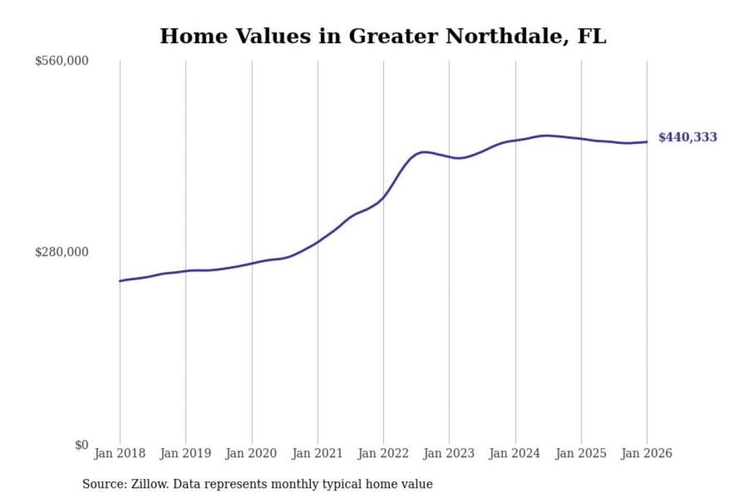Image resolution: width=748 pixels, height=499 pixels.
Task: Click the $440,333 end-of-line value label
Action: (x=687, y=137)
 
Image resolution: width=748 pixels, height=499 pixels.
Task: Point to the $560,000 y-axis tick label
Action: (x=62, y=61)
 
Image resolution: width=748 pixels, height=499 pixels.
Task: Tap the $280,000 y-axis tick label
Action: (x=62, y=252)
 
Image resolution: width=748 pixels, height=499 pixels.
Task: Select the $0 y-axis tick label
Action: (x=82, y=445)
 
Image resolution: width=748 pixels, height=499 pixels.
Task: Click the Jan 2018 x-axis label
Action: (x=119, y=453)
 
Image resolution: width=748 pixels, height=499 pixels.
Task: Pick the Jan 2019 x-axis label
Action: (x=185, y=453)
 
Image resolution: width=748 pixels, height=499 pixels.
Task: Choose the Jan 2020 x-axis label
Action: (x=251, y=453)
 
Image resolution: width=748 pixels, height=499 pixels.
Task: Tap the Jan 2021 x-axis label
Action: (x=317, y=453)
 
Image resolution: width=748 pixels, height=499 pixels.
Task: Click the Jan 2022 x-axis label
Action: (x=383, y=453)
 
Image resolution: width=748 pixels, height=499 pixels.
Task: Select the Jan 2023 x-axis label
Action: (x=449, y=453)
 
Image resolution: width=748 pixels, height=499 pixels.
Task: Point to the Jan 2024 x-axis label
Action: (x=515, y=453)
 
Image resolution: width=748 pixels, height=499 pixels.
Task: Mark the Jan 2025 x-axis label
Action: (x=581, y=453)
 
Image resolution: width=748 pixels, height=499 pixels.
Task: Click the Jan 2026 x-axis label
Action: (x=647, y=453)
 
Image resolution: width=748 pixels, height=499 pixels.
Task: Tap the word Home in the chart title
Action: (x=194, y=36)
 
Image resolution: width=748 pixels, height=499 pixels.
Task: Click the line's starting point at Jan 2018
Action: (x=120, y=281)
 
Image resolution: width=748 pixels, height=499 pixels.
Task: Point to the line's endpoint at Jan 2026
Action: (x=647, y=142)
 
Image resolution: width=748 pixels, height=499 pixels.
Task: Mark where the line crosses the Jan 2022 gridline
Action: (x=384, y=197)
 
